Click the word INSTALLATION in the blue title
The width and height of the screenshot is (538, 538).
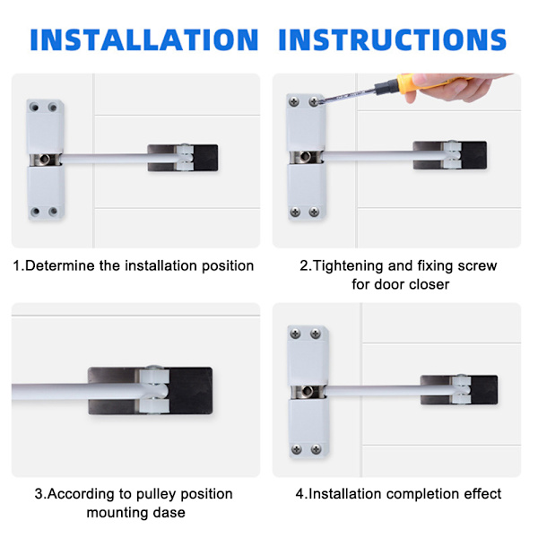point(144,39)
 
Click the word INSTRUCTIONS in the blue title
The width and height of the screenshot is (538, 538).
point(393,39)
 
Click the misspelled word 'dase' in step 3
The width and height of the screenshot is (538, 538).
point(169,513)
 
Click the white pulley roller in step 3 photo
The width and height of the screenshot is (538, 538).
point(154,391)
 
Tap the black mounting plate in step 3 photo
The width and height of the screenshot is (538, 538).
point(151,391)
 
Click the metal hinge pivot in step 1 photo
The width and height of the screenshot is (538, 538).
point(45,160)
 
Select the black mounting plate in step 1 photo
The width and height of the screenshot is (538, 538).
point(183,158)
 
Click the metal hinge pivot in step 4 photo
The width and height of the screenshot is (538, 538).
point(308,392)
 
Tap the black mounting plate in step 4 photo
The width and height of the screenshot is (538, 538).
point(459,390)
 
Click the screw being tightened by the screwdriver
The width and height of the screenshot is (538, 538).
point(314,101)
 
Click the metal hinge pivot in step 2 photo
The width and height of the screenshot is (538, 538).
point(306,157)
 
